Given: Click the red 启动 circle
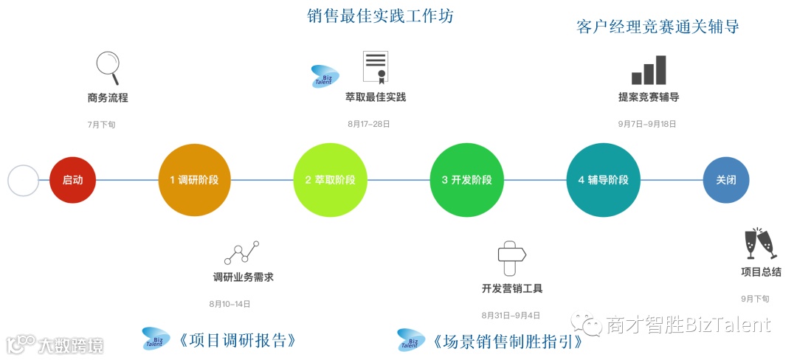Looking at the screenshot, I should click(73, 180).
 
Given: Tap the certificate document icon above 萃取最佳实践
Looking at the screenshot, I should click(375, 67).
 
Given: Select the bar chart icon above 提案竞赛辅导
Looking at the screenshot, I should click(649, 69).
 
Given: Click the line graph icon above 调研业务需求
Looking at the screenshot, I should click(243, 252).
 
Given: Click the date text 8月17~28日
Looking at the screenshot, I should click(369, 124).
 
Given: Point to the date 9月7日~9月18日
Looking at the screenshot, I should click(648, 124).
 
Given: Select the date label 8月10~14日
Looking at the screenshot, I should click(230, 303).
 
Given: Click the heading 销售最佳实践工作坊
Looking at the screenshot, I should click(380, 16).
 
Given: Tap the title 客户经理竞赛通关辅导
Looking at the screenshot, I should click(658, 27).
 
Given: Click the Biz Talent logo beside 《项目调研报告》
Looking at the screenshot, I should click(156, 339).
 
